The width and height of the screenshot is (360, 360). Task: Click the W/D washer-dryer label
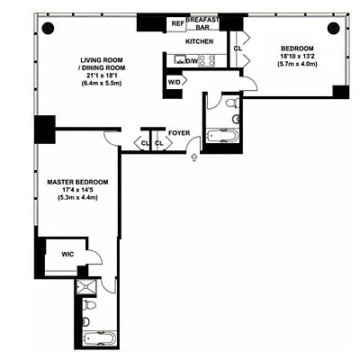pos(174,83)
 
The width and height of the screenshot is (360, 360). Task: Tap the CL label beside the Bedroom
pos(238,49)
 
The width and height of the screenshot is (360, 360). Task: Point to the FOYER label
pos(178,133)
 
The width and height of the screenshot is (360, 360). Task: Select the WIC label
pos(56,255)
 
